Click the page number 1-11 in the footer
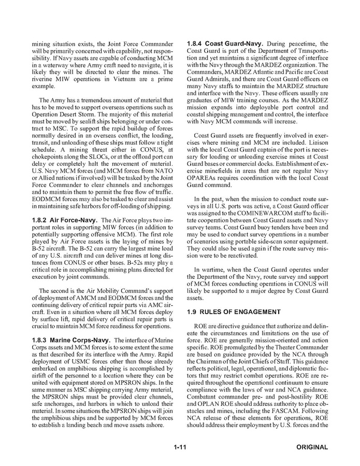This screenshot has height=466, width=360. (x=179, y=447)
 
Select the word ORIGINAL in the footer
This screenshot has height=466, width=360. (x=312, y=447)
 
